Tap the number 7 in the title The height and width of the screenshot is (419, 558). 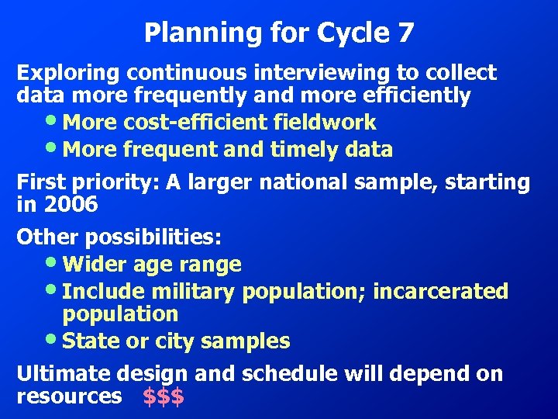click(x=405, y=33)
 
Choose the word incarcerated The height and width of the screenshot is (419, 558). click(x=440, y=292)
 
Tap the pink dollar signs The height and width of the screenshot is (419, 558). click(x=164, y=396)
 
